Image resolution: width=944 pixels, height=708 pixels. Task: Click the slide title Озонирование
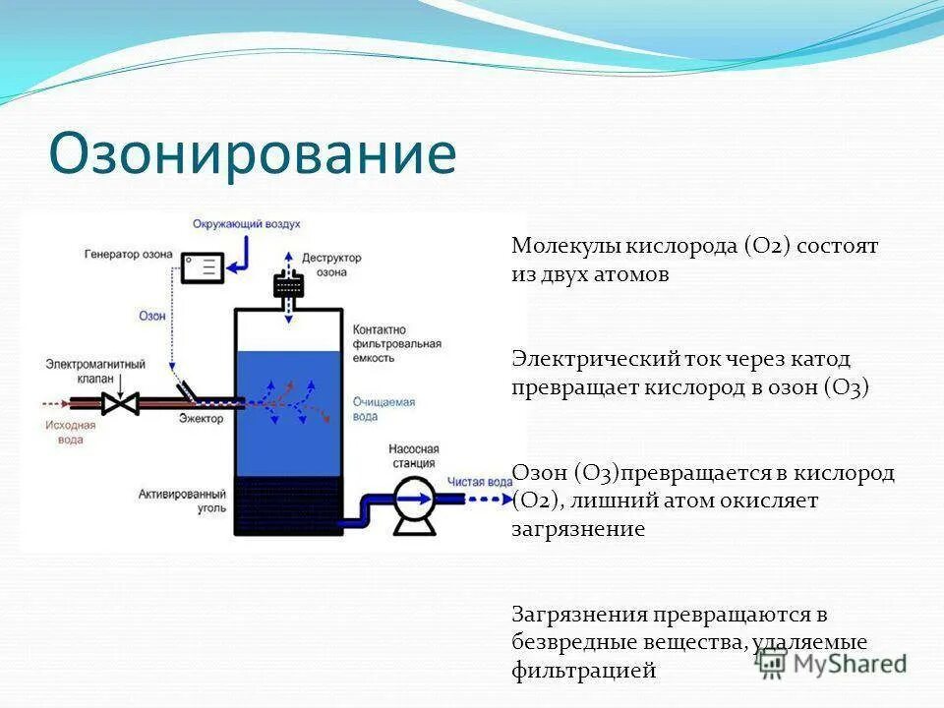pos(253,154)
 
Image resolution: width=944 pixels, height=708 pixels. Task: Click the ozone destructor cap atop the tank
pos(288,285)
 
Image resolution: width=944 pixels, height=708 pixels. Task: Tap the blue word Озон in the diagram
pos(150,317)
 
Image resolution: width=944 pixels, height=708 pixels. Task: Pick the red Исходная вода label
pos(70,433)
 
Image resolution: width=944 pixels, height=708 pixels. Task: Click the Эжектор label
pos(202,419)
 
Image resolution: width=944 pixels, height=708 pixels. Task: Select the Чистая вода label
pos(480,482)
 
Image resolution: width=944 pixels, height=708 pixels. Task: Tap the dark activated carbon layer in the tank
pos(288,505)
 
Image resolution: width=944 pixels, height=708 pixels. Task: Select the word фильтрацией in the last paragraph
pos(583,672)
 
